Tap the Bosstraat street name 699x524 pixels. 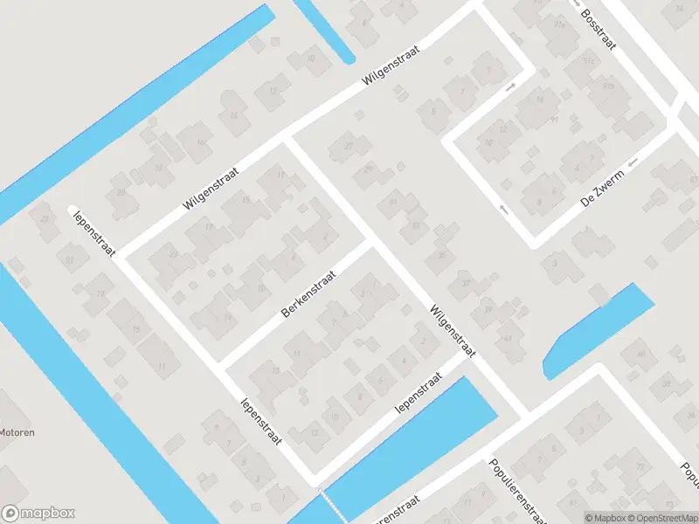point(599,31)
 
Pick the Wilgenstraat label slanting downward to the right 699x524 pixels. point(452,330)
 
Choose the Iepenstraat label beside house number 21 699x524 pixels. point(89,224)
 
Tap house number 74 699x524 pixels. point(679,10)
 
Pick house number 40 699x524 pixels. point(640,354)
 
